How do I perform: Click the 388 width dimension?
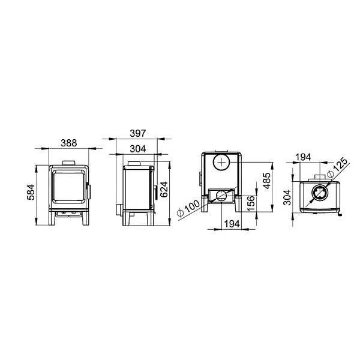point(68,143)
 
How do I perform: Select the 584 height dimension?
point(31,192)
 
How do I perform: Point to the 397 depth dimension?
point(137,133)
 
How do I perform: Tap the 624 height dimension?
point(164,190)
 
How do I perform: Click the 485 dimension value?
point(267,181)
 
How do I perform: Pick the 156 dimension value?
point(251,203)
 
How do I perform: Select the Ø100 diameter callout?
point(188,208)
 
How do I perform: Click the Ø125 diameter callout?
point(337,167)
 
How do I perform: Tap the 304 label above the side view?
point(138,149)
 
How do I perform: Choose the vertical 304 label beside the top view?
point(287,197)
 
